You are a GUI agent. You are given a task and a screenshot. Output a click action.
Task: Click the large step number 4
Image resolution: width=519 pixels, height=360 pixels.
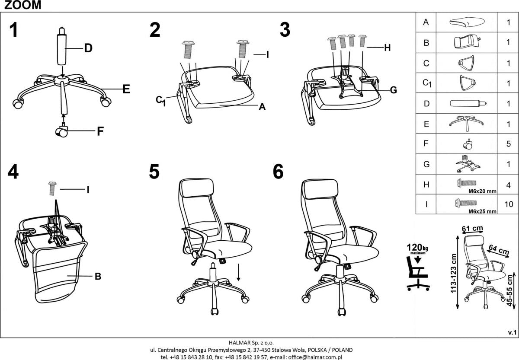tap(13, 172)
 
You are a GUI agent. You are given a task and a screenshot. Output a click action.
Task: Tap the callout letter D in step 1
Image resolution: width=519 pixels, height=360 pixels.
tap(88, 48)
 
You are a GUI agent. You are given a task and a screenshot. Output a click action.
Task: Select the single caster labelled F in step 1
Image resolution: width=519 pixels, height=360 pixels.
tap(61, 131)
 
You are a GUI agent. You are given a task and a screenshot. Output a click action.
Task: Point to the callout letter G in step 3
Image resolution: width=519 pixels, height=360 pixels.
tap(393, 90)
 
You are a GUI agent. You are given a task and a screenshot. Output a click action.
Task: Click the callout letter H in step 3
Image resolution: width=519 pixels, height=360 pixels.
tap(387, 48)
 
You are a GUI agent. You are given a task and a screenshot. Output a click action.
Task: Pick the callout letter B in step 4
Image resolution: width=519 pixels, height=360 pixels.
tap(98, 277)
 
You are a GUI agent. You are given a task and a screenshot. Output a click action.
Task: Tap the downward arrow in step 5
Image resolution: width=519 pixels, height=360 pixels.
tap(238, 273)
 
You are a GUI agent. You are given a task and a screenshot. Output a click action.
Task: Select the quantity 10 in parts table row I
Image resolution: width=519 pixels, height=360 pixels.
tap(508, 204)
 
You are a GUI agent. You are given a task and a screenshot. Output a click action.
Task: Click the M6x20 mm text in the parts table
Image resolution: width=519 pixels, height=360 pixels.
tap(482, 191)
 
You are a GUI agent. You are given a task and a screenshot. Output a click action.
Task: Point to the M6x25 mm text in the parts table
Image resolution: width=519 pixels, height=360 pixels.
tap(482, 212)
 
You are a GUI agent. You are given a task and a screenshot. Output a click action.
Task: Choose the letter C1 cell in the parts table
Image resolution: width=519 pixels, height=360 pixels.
tap(426, 83)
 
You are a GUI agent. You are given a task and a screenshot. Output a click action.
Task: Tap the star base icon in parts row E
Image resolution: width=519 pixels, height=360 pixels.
tap(466, 123)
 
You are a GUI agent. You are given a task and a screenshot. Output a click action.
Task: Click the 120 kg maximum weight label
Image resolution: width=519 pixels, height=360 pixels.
tap(416, 249)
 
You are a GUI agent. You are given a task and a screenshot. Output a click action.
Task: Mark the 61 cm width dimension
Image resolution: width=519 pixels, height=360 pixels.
tap(472, 228)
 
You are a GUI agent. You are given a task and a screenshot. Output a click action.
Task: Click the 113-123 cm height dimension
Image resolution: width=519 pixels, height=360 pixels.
tap(454, 273)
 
